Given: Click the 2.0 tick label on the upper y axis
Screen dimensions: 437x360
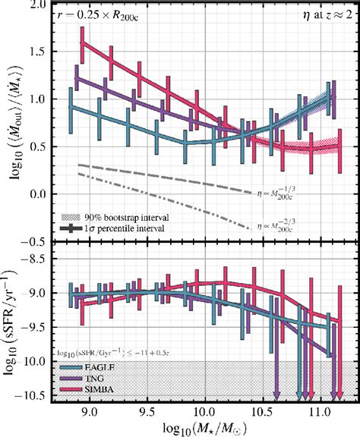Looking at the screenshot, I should pos(42,5).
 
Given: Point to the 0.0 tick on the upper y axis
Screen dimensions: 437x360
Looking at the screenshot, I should pos(42,194).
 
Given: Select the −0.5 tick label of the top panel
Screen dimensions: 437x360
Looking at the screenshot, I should pos(38,242).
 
